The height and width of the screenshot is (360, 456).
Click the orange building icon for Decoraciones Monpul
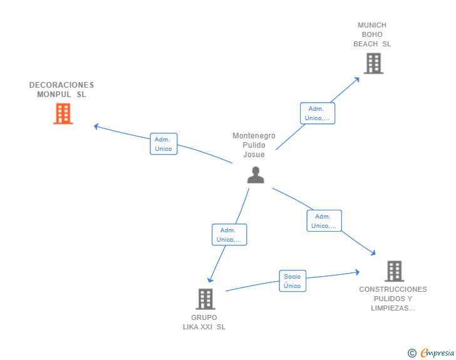[x=63, y=114]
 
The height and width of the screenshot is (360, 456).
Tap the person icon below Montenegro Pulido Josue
[x=256, y=175]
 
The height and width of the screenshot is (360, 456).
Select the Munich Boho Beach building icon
[x=374, y=63]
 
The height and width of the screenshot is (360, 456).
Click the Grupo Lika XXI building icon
[x=205, y=299]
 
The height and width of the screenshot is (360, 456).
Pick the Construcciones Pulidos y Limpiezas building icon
[x=395, y=271]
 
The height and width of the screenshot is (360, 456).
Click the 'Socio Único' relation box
[x=293, y=281]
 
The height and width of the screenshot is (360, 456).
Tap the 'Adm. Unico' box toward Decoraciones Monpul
[x=163, y=144]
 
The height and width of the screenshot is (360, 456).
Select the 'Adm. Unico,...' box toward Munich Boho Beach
[x=318, y=113]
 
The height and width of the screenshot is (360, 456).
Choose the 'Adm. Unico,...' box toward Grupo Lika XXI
[x=229, y=235]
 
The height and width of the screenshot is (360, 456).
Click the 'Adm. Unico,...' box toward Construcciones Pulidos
[x=324, y=221]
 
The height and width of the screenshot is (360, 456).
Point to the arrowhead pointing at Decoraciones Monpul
[x=96, y=126]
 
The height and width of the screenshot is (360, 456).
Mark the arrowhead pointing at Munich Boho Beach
[x=357, y=80]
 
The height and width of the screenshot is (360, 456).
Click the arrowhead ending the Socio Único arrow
[x=358, y=272]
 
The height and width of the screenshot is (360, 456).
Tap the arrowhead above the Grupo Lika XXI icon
[x=210, y=280]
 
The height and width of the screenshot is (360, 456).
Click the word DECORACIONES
[x=61, y=85]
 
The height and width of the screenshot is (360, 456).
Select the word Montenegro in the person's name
[x=254, y=136]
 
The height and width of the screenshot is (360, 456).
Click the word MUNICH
[x=372, y=25]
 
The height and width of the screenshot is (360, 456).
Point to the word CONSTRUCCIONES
[x=393, y=289]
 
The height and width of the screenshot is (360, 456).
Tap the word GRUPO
[x=204, y=317]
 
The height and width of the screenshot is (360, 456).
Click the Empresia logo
[x=431, y=353]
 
